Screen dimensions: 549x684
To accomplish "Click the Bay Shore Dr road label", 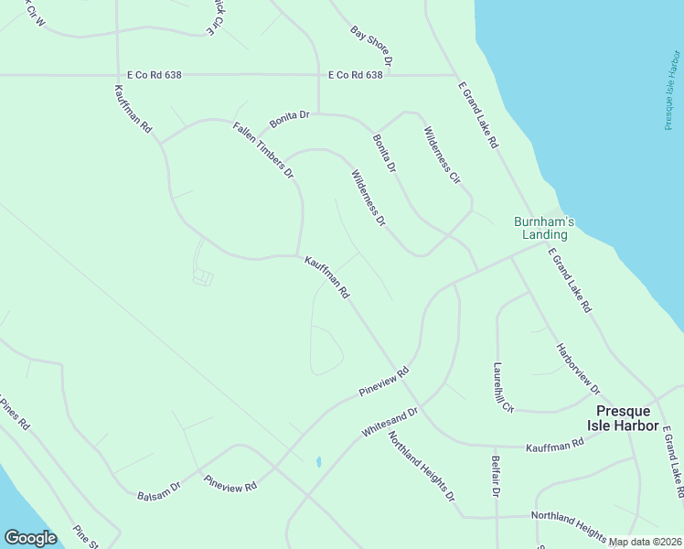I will point(370,46).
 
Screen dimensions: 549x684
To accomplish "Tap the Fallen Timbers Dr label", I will point(263,149).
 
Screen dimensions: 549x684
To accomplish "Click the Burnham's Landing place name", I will point(544,228).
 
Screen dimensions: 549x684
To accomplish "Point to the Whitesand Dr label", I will point(390,422).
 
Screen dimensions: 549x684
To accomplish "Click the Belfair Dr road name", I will point(495,477).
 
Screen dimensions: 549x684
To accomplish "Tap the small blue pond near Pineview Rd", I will point(317,462).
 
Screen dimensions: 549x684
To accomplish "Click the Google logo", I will point(29,537).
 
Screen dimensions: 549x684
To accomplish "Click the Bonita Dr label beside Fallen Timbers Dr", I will point(290,120).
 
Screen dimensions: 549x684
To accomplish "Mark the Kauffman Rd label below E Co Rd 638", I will point(134,111).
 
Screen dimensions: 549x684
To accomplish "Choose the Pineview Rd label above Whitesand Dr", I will point(383,382).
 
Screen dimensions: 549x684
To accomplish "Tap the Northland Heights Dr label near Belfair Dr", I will point(422,467).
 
